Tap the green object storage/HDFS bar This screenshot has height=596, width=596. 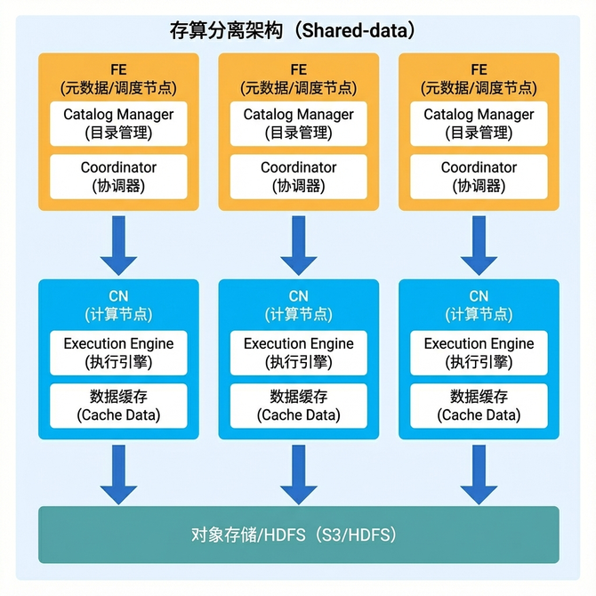coord(299,535)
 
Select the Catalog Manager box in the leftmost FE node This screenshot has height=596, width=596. coord(118,124)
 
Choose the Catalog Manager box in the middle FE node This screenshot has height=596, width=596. coord(299,124)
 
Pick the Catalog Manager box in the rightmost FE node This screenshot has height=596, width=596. coord(479,124)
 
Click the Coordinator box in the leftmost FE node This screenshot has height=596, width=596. coord(118,176)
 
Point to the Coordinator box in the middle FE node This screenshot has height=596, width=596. coord(299,176)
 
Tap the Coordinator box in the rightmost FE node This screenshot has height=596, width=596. coord(479,176)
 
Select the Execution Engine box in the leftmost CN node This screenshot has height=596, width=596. coord(118,352)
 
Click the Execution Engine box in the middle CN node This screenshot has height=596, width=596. coord(299,352)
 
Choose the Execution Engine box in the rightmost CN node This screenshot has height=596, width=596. coord(479,352)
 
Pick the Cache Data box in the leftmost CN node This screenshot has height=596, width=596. coord(118,406)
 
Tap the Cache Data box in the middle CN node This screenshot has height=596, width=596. coord(299,406)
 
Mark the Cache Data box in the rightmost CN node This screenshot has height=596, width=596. coord(479,406)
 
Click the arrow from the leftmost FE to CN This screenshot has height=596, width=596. coord(118,245)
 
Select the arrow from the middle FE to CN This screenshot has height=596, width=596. coord(299,245)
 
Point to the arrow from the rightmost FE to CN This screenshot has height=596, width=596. coord(479,245)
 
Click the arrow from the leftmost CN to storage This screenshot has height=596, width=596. coord(118,474)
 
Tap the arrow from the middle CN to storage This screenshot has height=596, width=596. coord(299,474)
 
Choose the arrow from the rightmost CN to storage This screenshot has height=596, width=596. coord(479,474)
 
